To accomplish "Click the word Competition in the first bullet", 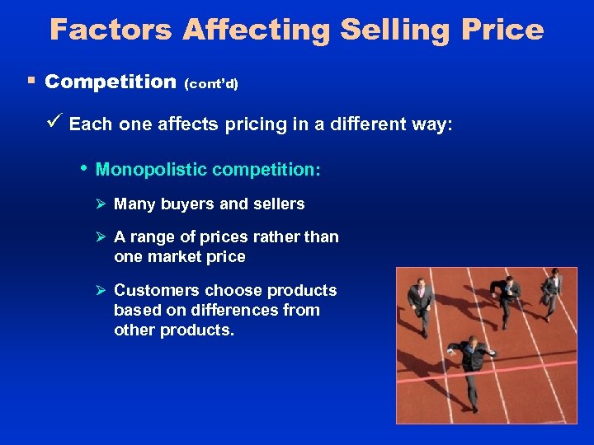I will (x=111, y=82).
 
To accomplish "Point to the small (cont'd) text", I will (x=211, y=84).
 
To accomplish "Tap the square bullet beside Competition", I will (x=31, y=82).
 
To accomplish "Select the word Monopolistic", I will (x=153, y=170).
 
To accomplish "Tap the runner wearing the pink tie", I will (x=421, y=298).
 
